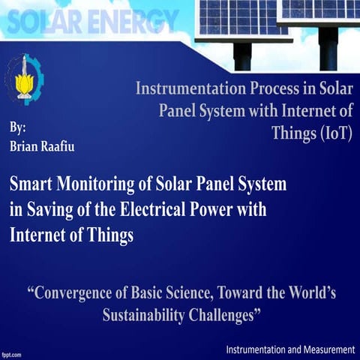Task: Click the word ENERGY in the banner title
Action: coord(133,21)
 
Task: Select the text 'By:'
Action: coord(18,127)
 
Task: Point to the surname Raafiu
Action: coord(62,145)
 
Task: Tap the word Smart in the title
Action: coord(31,184)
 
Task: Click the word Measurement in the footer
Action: coord(320,350)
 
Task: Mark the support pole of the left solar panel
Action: coord(241,56)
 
